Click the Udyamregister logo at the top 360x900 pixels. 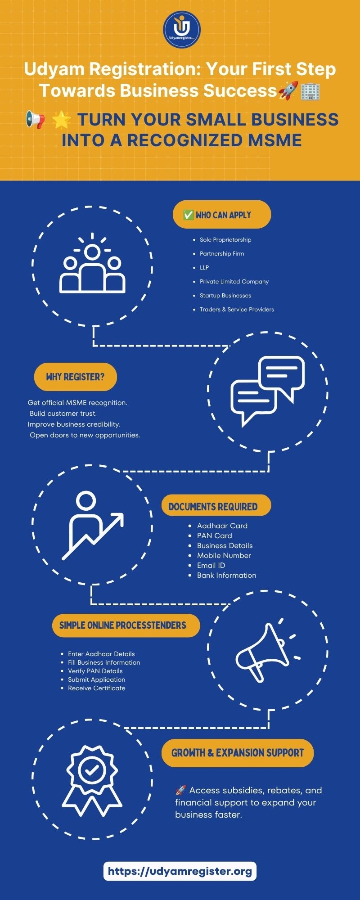tap(181, 28)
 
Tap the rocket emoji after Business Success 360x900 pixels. tap(288, 90)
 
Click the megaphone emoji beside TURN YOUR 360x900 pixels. tap(35, 120)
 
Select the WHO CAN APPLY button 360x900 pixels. tap(222, 215)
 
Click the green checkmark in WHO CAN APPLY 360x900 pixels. tap(189, 215)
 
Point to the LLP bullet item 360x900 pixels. tap(204, 267)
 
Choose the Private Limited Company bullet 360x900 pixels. tap(234, 281)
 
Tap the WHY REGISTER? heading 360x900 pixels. tap(75, 377)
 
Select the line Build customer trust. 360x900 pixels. tap(63, 414)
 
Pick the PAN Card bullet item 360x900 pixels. tap(215, 535)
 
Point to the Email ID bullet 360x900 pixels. tap(211, 565)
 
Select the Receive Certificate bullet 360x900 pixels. tap(97, 688)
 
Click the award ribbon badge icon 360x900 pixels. tap(92, 781)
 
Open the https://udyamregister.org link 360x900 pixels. tap(180, 871)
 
